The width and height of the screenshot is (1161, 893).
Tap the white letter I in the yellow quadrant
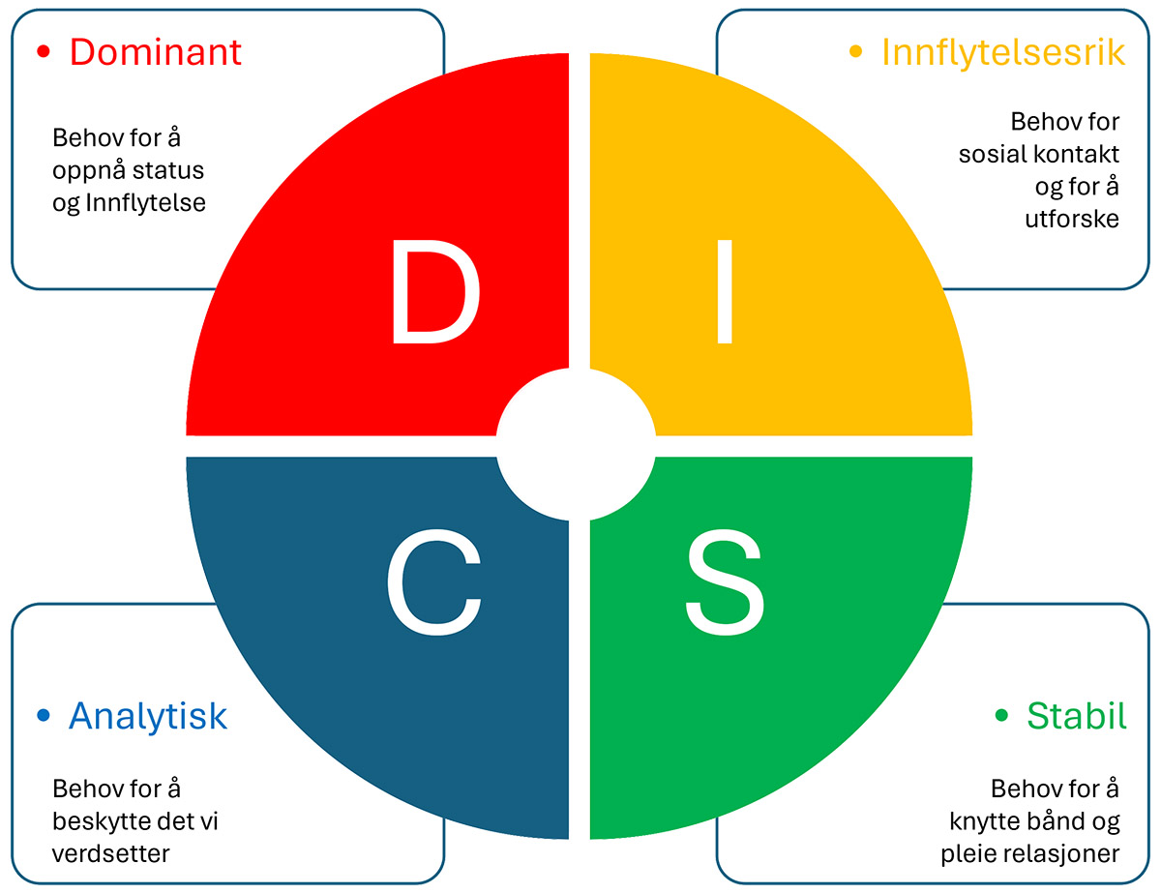pos(724,293)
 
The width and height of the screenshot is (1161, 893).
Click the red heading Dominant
pos(155,52)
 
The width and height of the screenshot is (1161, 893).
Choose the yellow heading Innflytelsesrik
pos(1003,52)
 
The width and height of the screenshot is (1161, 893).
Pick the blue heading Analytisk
pos(148,716)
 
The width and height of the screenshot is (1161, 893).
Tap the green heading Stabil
pos(1077,716)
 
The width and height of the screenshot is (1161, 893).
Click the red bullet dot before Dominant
pos(43,52)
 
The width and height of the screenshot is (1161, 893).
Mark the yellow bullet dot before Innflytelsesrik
pos(855,52)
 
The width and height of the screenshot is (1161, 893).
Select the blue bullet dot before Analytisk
pos(43,716)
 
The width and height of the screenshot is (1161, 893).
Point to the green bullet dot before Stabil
pos(1001,716)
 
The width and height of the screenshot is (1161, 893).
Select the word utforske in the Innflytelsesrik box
pos(1072,219)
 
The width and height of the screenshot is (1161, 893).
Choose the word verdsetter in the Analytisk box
pos(111,854)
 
